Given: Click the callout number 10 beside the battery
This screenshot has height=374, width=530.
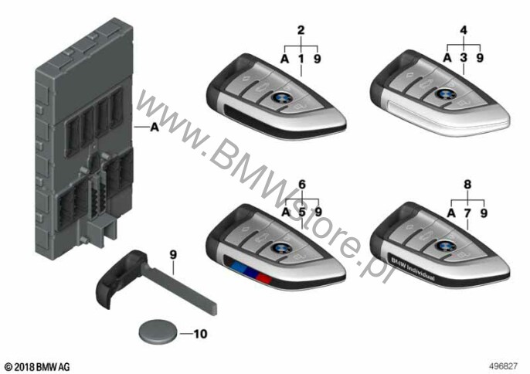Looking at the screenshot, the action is click(200, 334).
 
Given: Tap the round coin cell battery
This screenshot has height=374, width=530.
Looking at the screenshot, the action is click(158, 331).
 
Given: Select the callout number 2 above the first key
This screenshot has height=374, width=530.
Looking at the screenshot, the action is click(301, 30).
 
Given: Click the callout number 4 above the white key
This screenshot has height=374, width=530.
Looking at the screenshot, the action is click(464, 30).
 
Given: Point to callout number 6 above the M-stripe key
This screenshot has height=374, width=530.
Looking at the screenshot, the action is click(302, 184).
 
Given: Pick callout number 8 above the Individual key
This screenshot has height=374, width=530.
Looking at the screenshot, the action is click(467, 184).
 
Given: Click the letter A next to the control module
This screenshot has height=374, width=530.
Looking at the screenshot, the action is click(155, 127).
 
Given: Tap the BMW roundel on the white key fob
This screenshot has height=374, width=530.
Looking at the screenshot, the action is click(444, 93).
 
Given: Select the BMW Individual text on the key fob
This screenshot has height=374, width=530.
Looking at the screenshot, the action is click(413, 268).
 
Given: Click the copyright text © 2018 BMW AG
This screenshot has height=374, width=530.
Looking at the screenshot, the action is click(38, 367).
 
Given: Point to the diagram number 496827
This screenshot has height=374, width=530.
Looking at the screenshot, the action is click(504, 366).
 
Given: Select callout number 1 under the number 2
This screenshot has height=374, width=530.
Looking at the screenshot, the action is click(301, 59).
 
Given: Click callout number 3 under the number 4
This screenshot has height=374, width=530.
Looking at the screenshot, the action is click(464, 58).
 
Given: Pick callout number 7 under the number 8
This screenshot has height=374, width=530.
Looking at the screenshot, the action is click(467, 213).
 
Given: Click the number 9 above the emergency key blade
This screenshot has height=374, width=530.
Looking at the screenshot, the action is click(173, 254).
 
